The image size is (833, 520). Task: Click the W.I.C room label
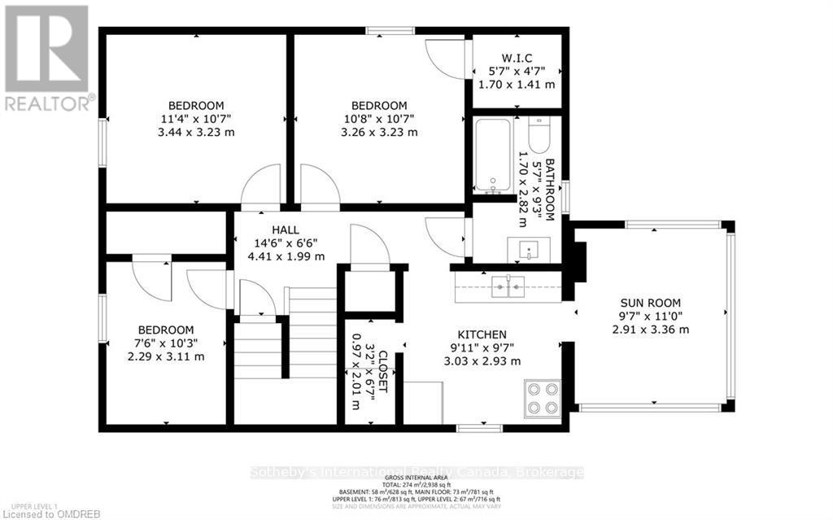[517, 57]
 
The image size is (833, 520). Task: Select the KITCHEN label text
[482, 334]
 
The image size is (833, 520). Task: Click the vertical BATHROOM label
[550, 189]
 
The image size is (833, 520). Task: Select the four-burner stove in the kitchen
[542, 398]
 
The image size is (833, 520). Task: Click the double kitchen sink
[508, 286]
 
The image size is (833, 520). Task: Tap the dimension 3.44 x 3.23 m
[196, 132]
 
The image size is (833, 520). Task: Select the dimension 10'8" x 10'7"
[378, 119]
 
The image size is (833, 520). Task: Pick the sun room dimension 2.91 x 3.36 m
[650, 330]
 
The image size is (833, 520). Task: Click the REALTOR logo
[46, 57]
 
